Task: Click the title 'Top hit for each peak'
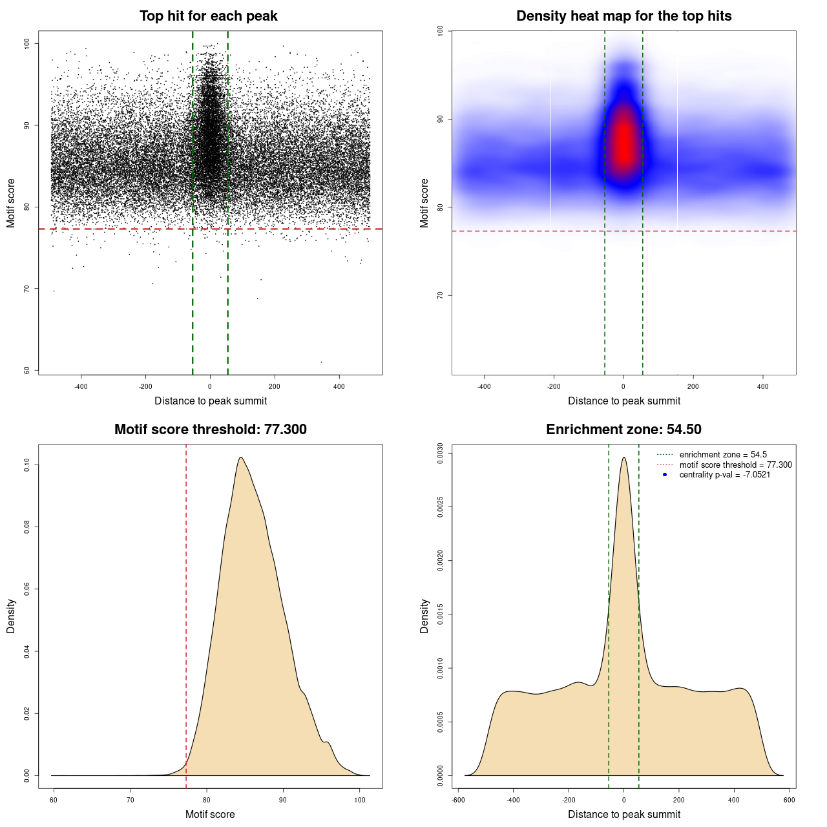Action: (208, 16)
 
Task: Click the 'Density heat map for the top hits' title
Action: (623, 16)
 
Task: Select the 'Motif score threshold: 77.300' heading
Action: (210, 430)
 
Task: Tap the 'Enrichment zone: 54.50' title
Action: (623, 430)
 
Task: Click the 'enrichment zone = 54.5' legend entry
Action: (722, 455)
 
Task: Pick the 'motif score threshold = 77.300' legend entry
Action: (735, 465)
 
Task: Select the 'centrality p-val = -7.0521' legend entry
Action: (724, 475)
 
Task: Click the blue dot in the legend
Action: (665, 475)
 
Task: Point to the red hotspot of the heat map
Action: (624, 139)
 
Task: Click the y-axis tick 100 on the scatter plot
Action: (26, 43)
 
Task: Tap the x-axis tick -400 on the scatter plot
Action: (81, 387)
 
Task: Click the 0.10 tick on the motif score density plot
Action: (26, 465)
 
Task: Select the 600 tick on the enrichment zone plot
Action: (789, 800)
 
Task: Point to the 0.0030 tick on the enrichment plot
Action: (440, 454)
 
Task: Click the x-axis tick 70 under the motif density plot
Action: (130, 800)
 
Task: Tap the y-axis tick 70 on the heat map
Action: (440, 295)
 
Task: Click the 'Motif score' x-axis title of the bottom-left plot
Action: (210, 814)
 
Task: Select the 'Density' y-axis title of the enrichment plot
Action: (424, 616)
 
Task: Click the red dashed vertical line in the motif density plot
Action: (186, 614)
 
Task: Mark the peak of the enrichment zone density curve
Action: (623, 457)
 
